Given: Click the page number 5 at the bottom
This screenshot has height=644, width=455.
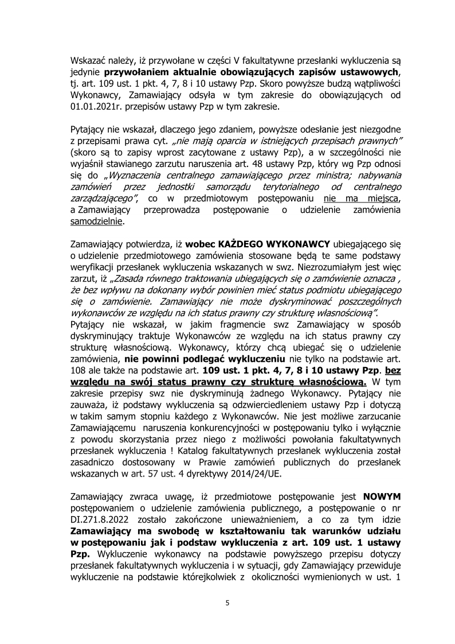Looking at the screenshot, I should click(227, 603).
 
